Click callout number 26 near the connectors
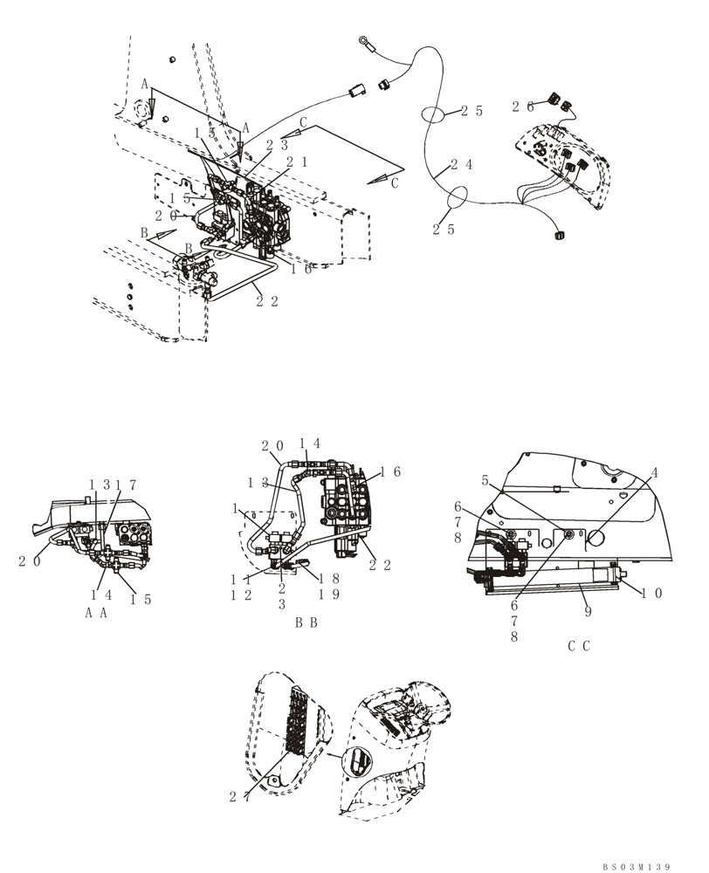click(523, 107)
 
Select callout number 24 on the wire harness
click(464, 165)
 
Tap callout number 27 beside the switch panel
click(242, 795)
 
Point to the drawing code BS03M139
click(636, 867)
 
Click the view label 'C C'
click(579, 646)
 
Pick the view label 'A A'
click(96, 613)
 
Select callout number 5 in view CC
click(485, 479)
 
